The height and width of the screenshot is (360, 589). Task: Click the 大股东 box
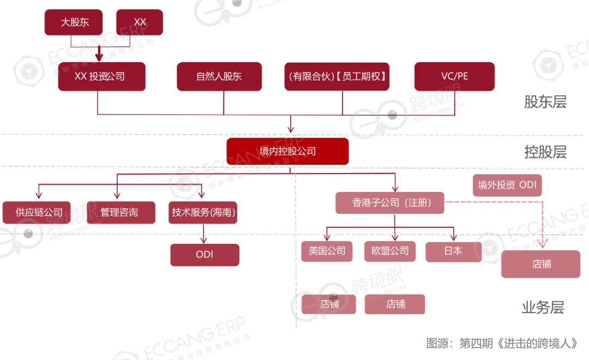pyautogui.click(x=74, y=22)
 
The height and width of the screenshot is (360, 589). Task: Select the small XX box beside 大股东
pyautogui.click(x=140, y=22)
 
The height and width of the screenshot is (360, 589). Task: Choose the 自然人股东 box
pyautogui.click(x=219, y=76)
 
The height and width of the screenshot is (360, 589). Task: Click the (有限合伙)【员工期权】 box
pyautogui.click(x=338, y=76)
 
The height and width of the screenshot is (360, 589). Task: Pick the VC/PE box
pyautogui.click(x=454, y=76)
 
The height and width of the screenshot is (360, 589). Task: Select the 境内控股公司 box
pyautogui.click(x=287, y=151)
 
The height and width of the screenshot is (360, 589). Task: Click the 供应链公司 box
pyautogui.click(x=39, y=212)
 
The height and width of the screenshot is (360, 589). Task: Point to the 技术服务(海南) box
pyautogui.click(x=203, y=212)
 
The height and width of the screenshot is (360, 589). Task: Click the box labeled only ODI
pyautogui.click(x=205, y=255)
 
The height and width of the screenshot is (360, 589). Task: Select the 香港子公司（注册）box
pyautogui.click(x=390, y=203)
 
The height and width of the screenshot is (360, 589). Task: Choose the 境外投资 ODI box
pyautogui.click(x=507, y=185)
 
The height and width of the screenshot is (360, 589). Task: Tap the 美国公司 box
pyautogui.click(x=327, y=251)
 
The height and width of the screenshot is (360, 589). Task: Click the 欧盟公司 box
pyautogui.click(x=390, y=251)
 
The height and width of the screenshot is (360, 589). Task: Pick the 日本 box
pyautogui.click(x=454, y=251)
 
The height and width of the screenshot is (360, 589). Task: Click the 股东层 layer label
pyautogui.click(x=545, y=102)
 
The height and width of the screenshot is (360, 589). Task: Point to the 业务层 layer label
pyautogui.click(x=543, y=308)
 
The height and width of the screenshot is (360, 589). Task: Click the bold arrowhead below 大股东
pyautogui.click(x=99, y=56)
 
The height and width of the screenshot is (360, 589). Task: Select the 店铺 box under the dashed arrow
pyautogui.click(x=541, y=264)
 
